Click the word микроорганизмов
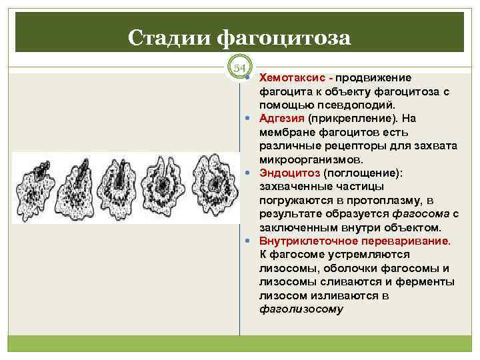click(x=311, y=160)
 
